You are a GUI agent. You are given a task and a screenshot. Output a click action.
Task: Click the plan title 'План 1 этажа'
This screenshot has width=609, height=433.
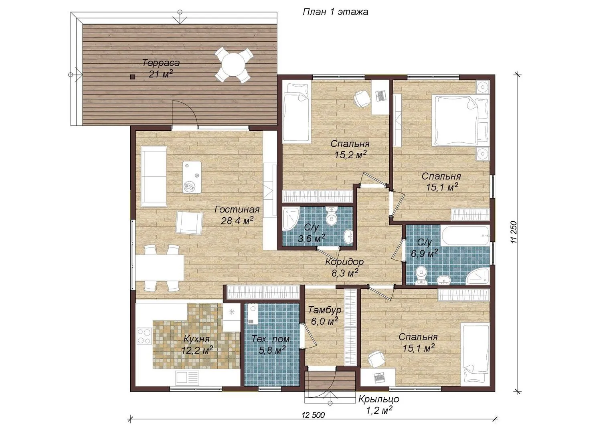(x=336, y=12)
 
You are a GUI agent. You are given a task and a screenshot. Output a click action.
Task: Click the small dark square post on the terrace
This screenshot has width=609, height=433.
(x=133, y=77)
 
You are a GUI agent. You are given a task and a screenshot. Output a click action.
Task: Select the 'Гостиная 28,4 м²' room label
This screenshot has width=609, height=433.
(x=237, y=215)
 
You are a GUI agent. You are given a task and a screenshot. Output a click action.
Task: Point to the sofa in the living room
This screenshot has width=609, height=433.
(x=154, y=177)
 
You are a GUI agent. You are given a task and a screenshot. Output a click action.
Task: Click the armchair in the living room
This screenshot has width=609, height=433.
(x=189, y=223)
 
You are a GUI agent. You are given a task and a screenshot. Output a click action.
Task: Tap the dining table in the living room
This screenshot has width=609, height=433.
(x=160, y=268)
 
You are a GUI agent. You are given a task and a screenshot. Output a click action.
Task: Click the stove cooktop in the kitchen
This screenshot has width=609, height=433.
(x=144, y=336)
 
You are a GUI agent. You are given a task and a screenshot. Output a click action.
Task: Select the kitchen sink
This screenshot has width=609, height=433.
(x=188, y=378)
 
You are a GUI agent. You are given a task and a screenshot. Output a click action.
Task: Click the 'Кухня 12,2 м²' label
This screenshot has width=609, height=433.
(x=197, y=345)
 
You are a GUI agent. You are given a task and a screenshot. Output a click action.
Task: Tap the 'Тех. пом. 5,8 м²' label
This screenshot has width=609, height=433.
(x=271, y=345)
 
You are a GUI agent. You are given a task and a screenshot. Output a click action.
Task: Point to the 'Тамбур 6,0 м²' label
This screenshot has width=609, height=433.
(x=324, y=316)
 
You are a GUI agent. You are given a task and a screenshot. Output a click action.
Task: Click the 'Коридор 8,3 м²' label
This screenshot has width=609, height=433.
(x=344, y=267)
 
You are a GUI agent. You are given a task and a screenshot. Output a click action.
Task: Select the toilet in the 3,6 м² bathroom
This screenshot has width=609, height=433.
(x=331, y=216)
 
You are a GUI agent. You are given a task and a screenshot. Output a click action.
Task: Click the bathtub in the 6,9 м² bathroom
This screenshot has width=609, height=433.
(x=465, y=236)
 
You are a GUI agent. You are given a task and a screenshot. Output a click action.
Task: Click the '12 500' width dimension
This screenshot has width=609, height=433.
(x=313, y=415)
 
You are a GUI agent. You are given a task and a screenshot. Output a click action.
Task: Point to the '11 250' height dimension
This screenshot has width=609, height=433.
(x=513, y=232)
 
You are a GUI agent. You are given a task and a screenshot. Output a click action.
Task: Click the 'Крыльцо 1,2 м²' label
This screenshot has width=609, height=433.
(x=379, y=405)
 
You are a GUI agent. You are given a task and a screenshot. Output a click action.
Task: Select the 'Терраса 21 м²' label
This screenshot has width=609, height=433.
(x=161, y=68)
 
